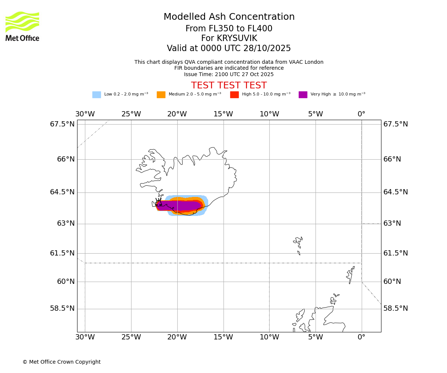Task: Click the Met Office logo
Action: point(22,26)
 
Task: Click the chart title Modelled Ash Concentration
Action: point(229,17)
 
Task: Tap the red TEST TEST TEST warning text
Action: point(229,86)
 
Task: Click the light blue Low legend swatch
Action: point(96,95)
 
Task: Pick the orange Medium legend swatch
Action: point(161,95)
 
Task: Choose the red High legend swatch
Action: point(234,95)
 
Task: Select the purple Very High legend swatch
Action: point(303,95)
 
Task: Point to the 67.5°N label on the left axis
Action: point(62,124)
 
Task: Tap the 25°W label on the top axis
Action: point(131,114)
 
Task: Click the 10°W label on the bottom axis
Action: point(269,338)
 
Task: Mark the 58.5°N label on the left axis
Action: point(62,308)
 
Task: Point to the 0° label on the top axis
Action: point(361,114)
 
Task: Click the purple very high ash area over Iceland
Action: point(183,206)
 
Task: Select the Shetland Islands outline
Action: point(350,275)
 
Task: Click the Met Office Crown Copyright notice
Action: point(61,362)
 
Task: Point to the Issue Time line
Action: point(229,75)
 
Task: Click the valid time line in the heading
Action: point(229,48)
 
